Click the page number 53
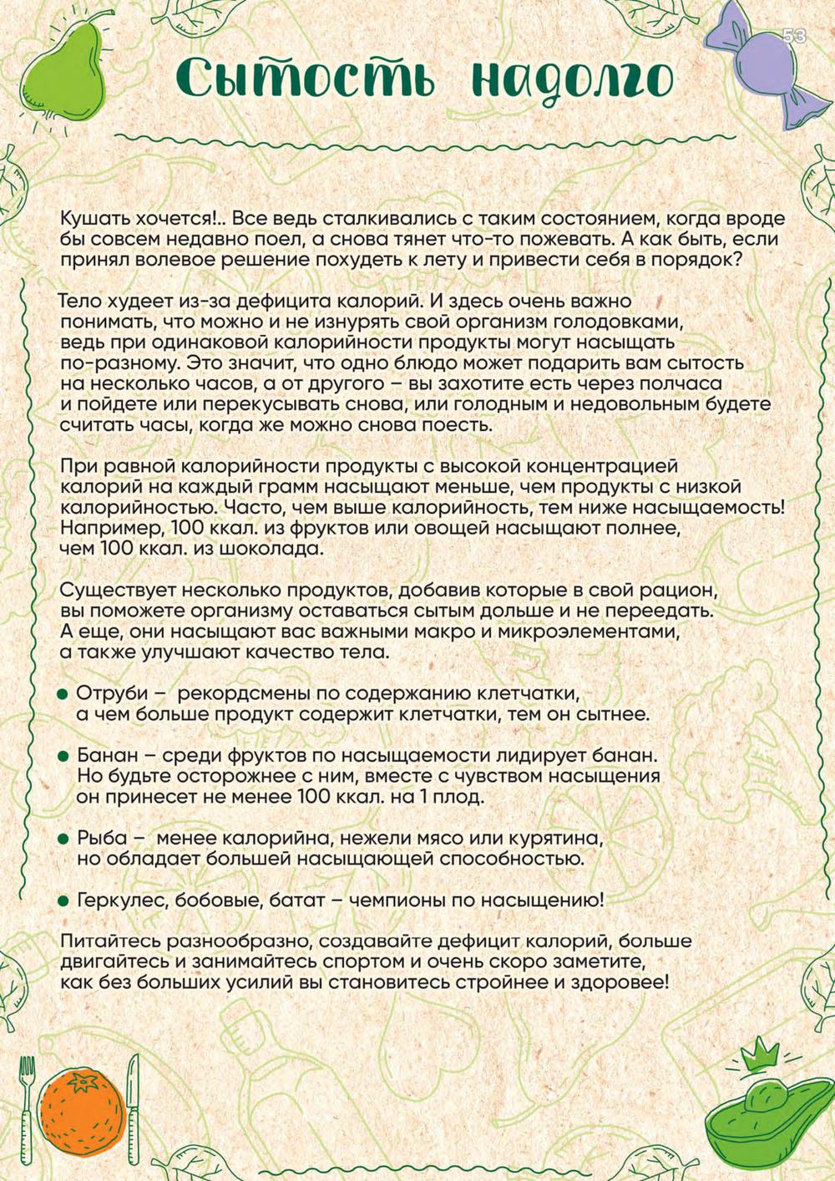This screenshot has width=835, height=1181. click(794, 36)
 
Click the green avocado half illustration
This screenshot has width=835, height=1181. click(763, 1120)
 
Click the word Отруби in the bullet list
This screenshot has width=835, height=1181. click(112, 694)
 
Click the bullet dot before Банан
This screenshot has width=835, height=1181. click(63, 756)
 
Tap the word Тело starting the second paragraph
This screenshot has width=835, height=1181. click(83, 301)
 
